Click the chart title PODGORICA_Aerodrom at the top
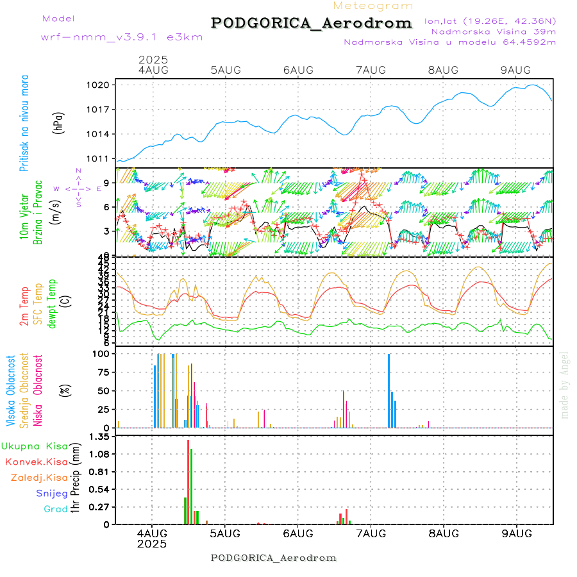pyautogui.click(x=312, y=23)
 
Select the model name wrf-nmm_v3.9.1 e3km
pyautogui.click(x=122, y=37)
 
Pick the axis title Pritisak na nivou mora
pyautogui.click(x=24, y=122)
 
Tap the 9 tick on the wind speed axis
pyautogui.click(x=109, y=183)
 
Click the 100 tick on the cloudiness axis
pyautogui.click(x=103, y=353)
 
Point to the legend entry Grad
pyautogui.click(x=55, y=509)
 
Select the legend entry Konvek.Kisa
pyautogui.click(x=36, y=462)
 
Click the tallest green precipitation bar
pyautogui.click(x=188, y=481)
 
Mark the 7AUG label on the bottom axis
pyautogui.click(x=371, y=533)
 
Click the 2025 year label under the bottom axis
pyautogui.click(x=152, y=544)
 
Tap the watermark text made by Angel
pyautogui.click(x=564, y=385)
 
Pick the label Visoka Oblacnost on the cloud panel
pyautogui.click(x=11, y=390)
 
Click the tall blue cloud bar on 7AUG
pyautogui.click(x=389, y=390)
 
